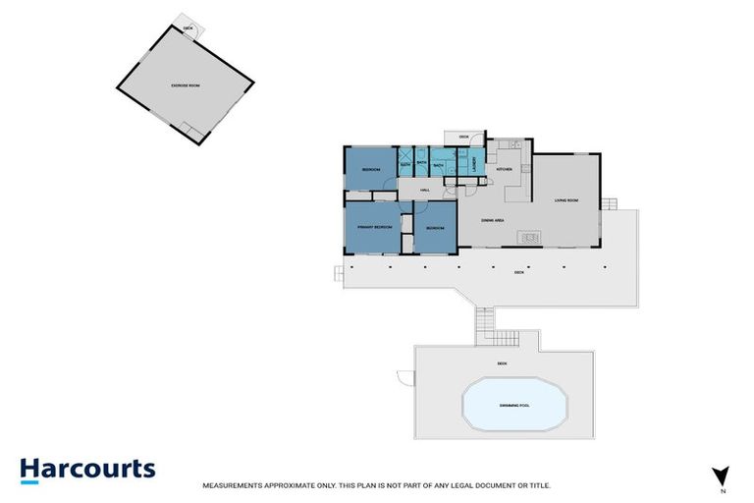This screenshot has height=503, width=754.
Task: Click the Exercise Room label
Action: point(185,86)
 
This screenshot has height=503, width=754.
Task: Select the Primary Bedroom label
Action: point(374,227)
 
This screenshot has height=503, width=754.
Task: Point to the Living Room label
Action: point(566,200)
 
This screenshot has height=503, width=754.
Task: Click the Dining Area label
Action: point(493,220)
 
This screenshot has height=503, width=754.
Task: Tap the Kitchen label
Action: point(505,170)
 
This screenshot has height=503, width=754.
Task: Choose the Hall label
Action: point(425,190)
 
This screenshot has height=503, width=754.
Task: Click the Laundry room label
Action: point(475,164)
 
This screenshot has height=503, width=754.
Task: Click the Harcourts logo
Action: point(87,470)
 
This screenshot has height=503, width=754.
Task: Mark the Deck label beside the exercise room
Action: point(188,28)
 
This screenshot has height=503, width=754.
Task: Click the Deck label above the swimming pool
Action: point(502,364)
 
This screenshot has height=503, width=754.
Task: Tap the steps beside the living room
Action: point(608,205)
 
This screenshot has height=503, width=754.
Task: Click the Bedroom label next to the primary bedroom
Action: point(435,228)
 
